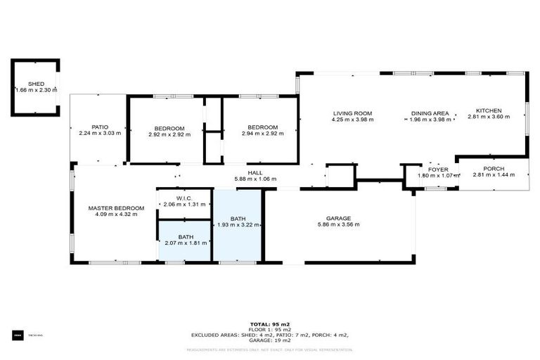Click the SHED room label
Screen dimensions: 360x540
pos(35,84)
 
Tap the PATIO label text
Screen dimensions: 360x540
pos(99,127)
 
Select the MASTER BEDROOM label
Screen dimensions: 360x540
pos(116,208)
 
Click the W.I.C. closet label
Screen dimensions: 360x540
pos(184,198)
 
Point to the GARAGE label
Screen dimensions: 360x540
pos(337,219)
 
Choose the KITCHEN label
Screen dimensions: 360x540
pos(489,111)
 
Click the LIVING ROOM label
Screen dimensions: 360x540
pos(352,113)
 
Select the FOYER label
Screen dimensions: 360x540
pos(438,169)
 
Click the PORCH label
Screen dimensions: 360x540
pos(493,169)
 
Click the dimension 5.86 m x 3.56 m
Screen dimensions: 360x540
pos(337,225)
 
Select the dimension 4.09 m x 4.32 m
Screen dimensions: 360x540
pos(116,214)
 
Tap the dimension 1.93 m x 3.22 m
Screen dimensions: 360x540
pos(239,225)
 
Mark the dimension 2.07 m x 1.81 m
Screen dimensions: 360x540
pos(186,243)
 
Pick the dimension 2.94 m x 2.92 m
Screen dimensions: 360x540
pos(262,134)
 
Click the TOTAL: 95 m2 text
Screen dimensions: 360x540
pos(270,324)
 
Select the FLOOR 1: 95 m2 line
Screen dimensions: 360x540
pos(270,330)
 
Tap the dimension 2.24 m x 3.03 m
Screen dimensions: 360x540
pos(99,134)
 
